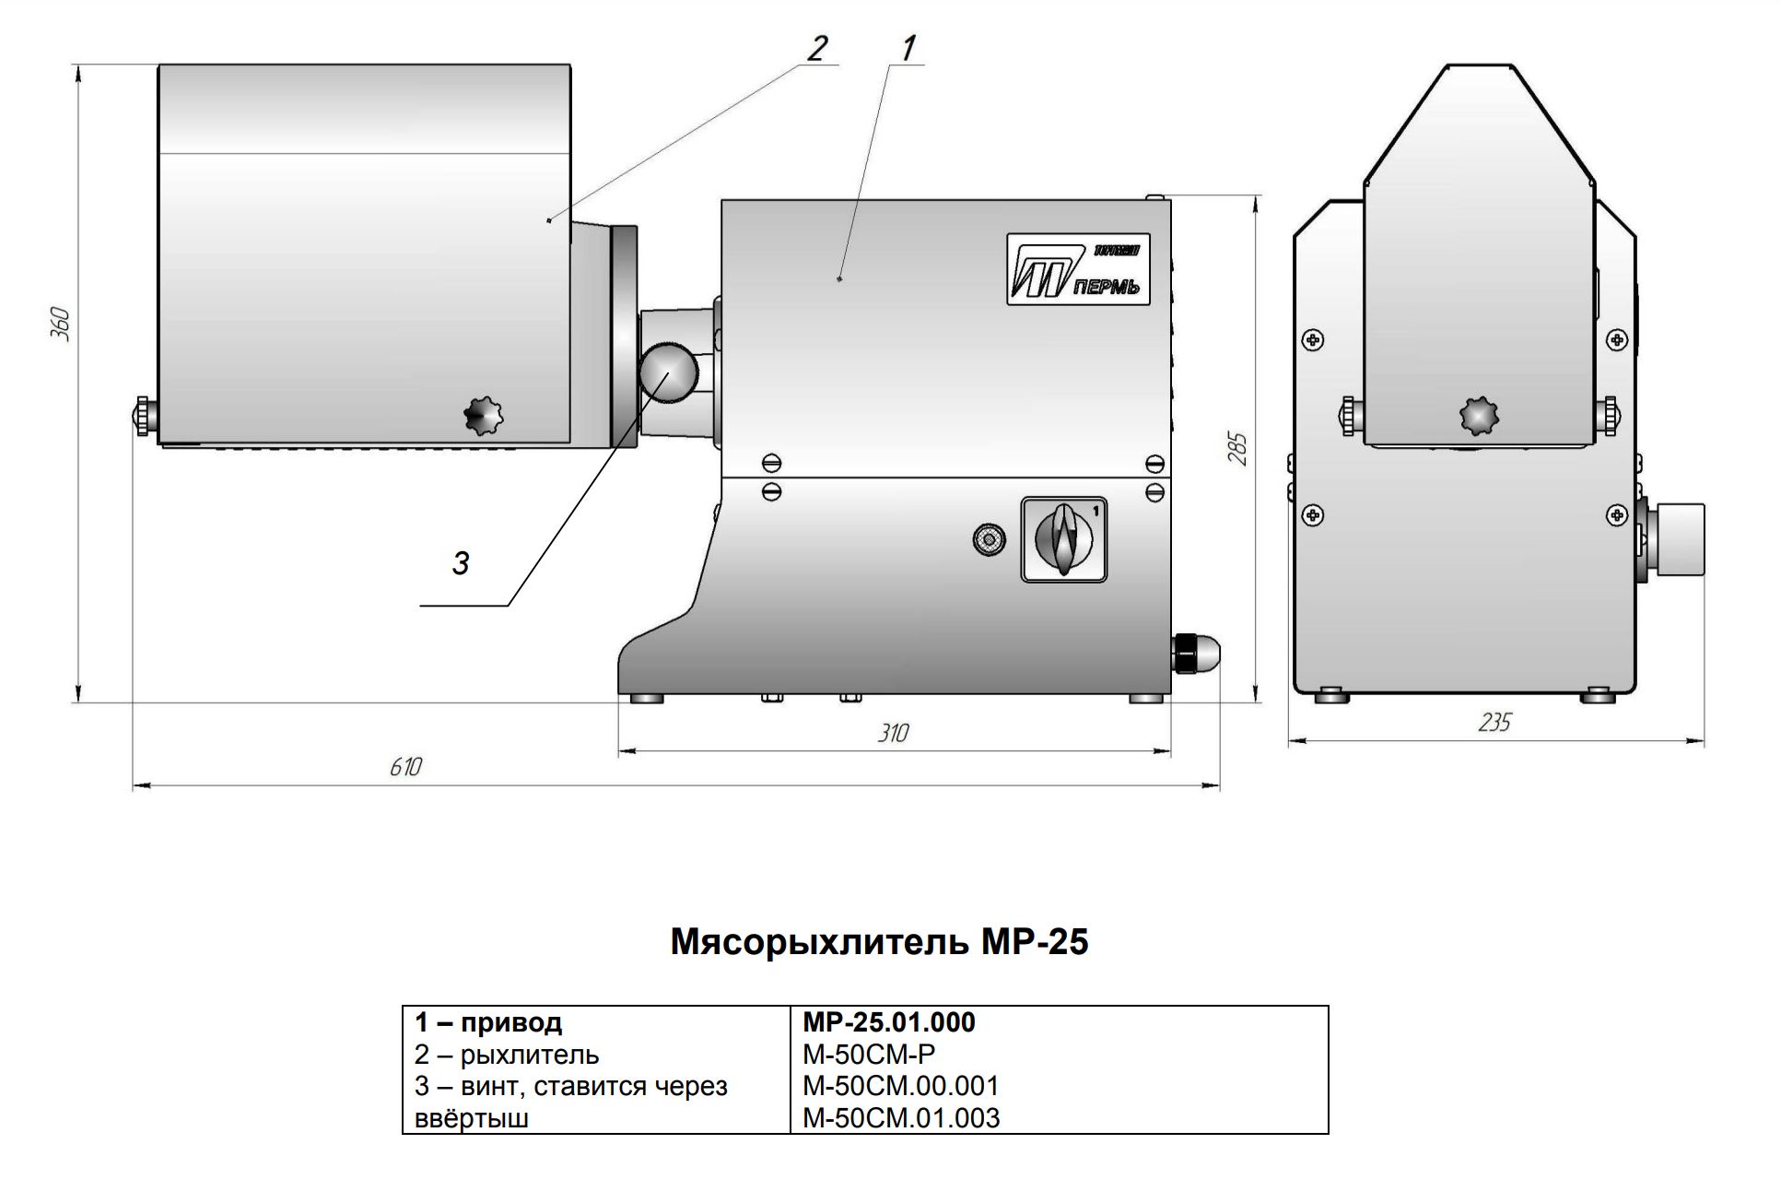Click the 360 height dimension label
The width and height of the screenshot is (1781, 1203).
pyautogui.click(x=60, y=324)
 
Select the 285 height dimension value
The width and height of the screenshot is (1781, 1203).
pyautogui.click(x=1239, y=448)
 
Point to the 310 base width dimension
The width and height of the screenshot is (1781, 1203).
pyautogui.click(x=893, y=733)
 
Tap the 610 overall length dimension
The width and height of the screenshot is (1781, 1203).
pyautogui.click(x=405, y=767)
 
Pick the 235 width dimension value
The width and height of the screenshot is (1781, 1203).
pyautogui.click(x=1494, y=722)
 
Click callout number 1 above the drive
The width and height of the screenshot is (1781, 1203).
pyautogui.click(x=908, y=48)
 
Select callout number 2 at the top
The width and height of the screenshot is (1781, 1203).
pyautogui.click(x=817, y=48)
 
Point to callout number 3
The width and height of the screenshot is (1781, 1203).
pyautogui.click(x=461, y=562)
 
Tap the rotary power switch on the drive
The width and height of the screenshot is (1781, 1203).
pyautogui.click(x=1064, y=539)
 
